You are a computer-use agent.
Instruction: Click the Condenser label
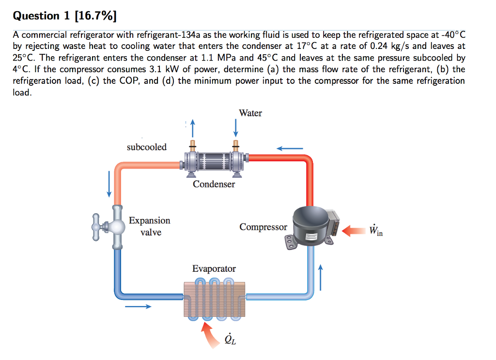(214, 184)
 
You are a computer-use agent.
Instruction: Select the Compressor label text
(263, 227)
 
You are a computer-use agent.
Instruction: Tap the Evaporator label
(214, 268)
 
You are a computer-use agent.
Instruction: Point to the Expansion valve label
(150, 226)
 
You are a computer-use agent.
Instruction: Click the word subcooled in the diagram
(146, 147)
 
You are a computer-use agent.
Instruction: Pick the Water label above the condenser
(250, 113)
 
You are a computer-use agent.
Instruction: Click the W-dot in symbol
(375, 230)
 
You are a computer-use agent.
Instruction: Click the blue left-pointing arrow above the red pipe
(290, 148)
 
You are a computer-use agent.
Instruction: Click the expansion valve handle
(99, 226)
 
